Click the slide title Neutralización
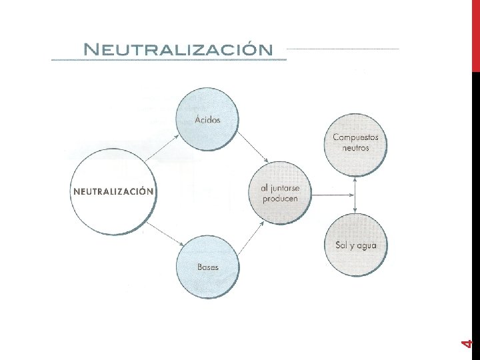[178, 49]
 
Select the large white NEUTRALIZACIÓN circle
[113, 192]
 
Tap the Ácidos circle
[207, 119]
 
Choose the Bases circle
[208, 267]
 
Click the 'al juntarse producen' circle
[280, 193]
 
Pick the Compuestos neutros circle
[356, 145]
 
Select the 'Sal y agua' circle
[356, 245]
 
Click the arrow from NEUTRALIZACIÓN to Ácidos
[162, 148]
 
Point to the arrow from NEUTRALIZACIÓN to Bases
[165, 234]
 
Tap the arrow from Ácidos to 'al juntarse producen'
[253, 147]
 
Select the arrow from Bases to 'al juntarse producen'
[251, 238]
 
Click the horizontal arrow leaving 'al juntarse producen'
[333, 195]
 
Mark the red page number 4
[467, 344]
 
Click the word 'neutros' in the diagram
[356, 148]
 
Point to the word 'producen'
[280, 199]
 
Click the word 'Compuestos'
[356, 137]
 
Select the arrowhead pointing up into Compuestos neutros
[355, 180]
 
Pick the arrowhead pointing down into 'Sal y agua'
[355, 210]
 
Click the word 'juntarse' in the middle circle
[285, 189]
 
